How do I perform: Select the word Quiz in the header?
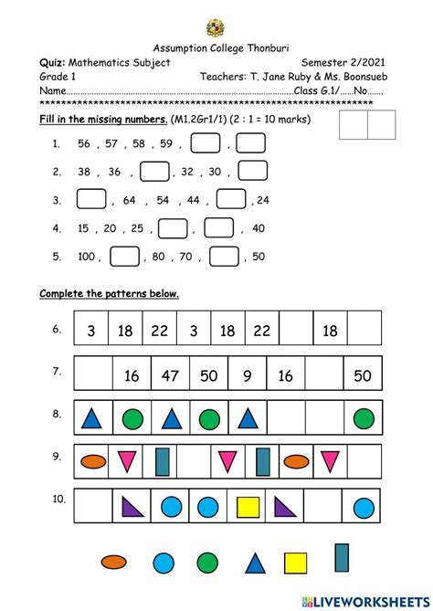point(51,61)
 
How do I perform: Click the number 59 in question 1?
point(166,143)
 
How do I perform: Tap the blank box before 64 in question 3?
point(90,199)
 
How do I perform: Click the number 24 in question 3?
point(263,200)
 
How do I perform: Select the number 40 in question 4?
point(259,228)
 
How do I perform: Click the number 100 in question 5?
point(88,257)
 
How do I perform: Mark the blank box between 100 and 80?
point(124,257)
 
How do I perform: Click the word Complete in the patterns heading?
point(61,294)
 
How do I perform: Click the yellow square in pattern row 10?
point(248,506)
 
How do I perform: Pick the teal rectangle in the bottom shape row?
point(342,558)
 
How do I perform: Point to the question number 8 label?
point(57,415)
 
